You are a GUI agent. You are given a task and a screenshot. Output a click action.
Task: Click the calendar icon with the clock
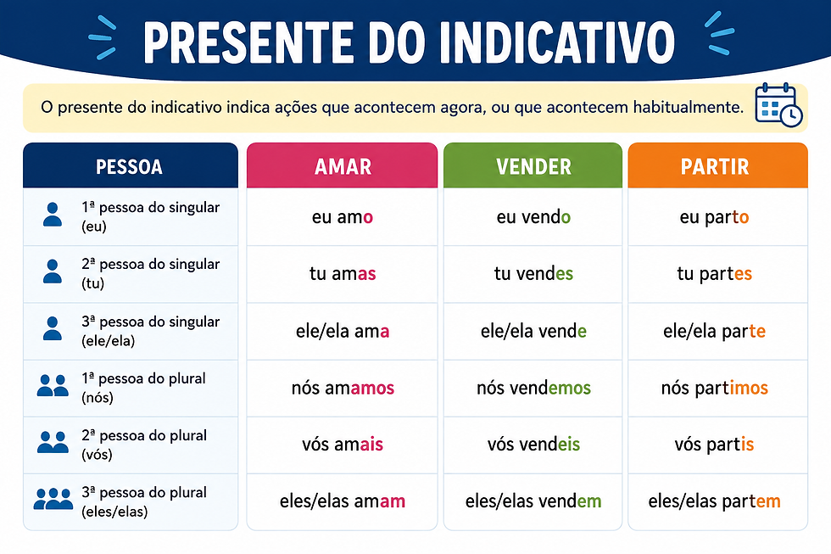tap(778, 105)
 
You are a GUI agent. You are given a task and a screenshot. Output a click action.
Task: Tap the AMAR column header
tap(343, 165)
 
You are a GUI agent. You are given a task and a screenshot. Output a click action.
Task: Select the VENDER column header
tap(533, 165)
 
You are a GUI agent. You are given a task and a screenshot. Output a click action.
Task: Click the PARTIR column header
tap(717, 165)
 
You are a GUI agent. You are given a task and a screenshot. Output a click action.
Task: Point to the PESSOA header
tap(131, 165)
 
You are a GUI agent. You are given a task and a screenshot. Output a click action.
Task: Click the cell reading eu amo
tap(343, 217)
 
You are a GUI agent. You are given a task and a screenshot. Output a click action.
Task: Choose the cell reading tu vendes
tap(533, 273)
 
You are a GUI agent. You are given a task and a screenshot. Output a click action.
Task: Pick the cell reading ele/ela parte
tap(717, 331)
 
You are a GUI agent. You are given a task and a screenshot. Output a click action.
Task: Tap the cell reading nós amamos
tap(343, 388)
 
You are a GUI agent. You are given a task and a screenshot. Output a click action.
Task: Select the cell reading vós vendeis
tap(533, 445)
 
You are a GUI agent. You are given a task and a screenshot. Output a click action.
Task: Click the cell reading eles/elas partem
tap(717, 501)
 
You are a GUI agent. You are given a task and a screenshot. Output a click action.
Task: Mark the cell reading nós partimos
tap(717, 388)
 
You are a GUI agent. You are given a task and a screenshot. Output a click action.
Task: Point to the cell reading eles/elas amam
tap(343, 501)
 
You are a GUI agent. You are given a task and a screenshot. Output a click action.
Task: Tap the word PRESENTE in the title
tap(248, 42)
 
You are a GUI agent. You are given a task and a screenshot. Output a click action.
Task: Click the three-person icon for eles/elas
tap(53, 499)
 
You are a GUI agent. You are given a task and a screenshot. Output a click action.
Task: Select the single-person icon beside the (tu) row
tap(52, 271)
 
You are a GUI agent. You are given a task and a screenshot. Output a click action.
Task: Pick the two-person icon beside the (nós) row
tap(53, 385)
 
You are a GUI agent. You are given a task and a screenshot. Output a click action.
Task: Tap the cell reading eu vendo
tap(533, 217)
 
